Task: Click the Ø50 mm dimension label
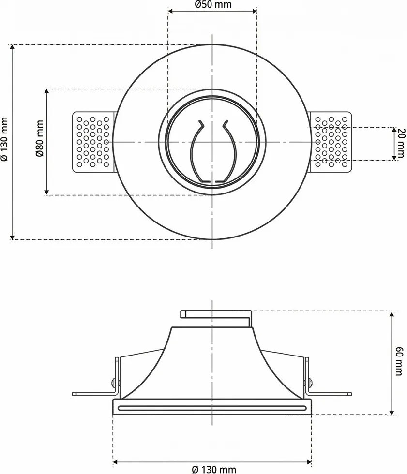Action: [212, 4]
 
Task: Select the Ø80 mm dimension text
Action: [40, 138]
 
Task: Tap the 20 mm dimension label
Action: [401, 143]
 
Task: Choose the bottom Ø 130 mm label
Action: [214, 470]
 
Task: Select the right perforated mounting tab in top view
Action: [331, 142]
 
